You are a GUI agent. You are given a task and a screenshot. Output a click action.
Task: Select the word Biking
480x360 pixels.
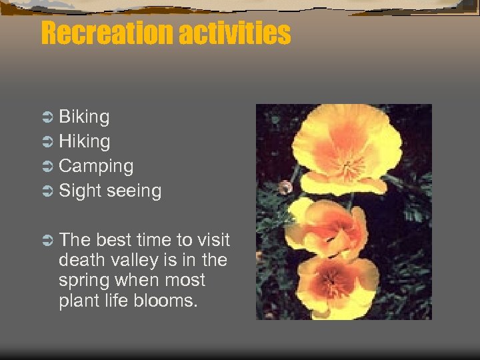point(84,117)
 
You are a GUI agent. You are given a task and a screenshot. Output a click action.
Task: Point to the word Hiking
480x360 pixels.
point(85,141)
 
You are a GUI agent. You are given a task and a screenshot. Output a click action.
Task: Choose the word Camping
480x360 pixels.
point(96,167)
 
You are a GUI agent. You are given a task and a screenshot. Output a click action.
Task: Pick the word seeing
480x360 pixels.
point(134,191)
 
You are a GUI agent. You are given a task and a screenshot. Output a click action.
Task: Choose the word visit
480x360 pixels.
point(211,240)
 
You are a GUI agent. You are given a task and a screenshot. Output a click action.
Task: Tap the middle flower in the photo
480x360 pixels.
point(327,231)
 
